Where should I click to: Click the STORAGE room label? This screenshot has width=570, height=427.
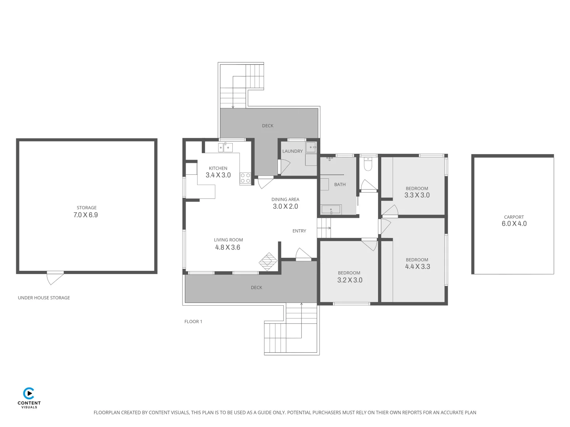pyautogui.click(x=86, y=208)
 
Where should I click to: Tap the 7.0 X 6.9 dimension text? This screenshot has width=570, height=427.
pyautogui.click(x=85, y=215)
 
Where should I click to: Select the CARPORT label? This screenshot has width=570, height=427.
pyautogui.click(x=514, y=217)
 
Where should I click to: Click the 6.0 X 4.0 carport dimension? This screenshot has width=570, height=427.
pyautogui.click(x=514, y=223)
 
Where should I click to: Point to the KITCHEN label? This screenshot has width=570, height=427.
pyautogui.click(x=218, y=168)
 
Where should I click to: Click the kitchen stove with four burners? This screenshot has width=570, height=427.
pyautogui.click(x=245, y=178)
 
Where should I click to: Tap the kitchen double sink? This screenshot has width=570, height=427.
pyautogui.click(x=225, y=148)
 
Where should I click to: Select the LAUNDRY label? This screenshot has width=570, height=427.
pyautogui.click(x=292, y=151)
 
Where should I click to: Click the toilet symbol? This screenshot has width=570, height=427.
pyautogui.click(x=368, y=164)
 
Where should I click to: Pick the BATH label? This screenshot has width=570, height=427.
pyautogui.click(x=340, y=185)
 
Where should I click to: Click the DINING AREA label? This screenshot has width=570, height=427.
pyautogui.click(x=285, y=200)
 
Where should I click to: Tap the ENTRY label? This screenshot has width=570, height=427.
pyautogui.click(x=299, y=231)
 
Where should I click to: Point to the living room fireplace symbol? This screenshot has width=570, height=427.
pyautogui.click(x=268, y=261)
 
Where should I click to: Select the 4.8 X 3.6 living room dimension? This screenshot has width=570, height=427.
pyautogui.click(x=228, y=248)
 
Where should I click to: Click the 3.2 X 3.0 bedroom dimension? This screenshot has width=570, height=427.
pyautogui.click(x=350, y=280)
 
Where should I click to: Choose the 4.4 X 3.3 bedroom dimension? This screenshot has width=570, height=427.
pyautogui.click(x=417, y=266)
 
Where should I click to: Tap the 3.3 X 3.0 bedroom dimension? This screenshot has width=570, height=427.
pyautogui.click(x=417, y=195)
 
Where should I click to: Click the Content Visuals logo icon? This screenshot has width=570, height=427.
pyautogui.click(x=29, y=394)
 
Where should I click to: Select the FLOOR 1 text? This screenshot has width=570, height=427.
pyautogui.click(x=193, y=321)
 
